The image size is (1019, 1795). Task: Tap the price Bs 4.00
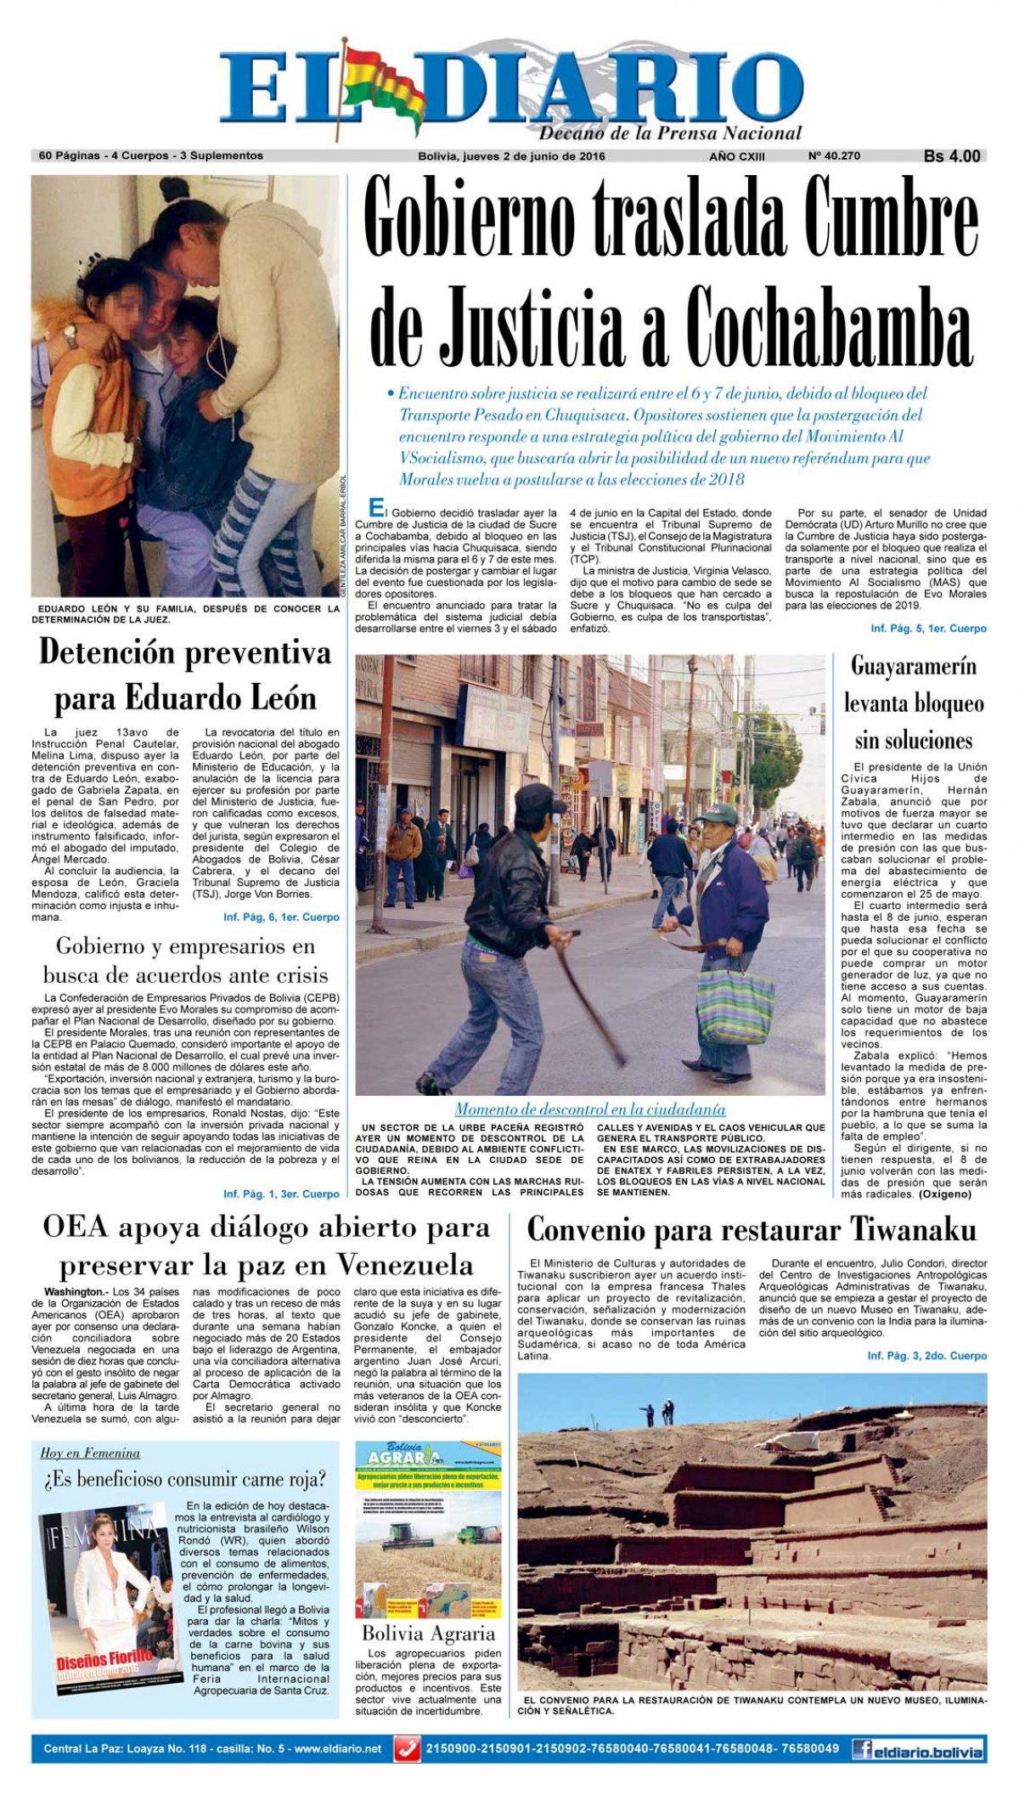pos(952,156)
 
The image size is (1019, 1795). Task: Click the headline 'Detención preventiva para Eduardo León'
pos(185,675)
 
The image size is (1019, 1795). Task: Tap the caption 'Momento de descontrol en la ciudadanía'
pos(589,1109)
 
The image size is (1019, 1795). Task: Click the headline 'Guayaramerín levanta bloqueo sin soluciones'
pos(914,703)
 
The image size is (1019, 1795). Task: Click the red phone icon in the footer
pos(410,1748)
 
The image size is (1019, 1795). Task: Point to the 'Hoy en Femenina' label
pos(90,1453)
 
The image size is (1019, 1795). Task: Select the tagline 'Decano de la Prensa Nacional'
pos(670,133)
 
